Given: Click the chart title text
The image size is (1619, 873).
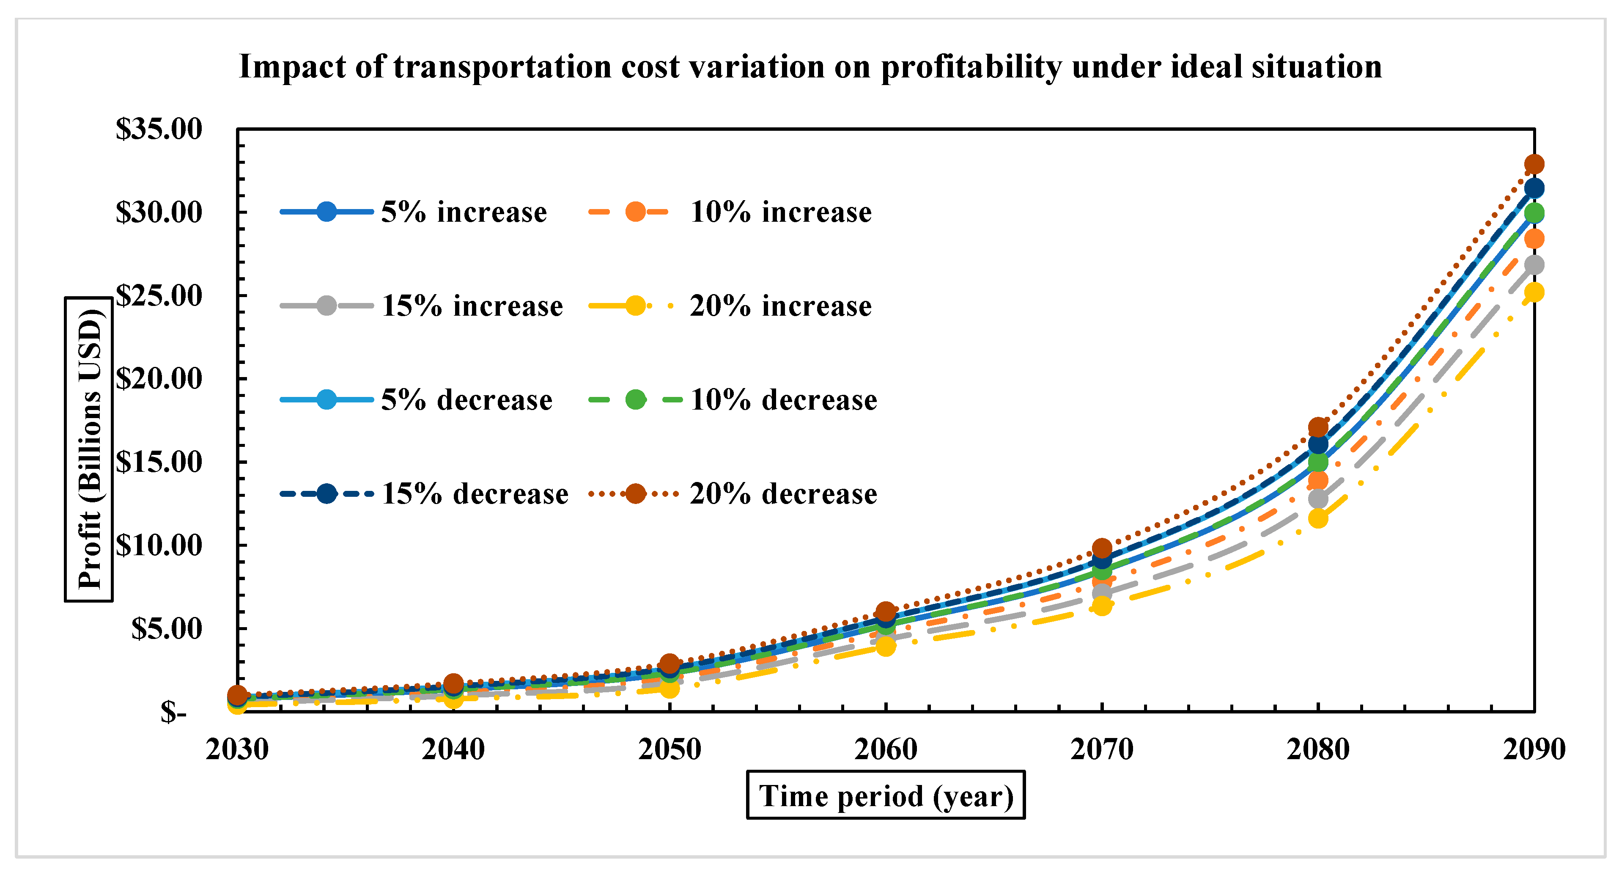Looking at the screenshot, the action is pyautogui.click(x=810, y=67).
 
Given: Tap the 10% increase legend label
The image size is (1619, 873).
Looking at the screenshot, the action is pyautogui.click(x=781, y=212).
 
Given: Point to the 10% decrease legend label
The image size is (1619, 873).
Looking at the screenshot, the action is pyautogui.click(x=784, y=400).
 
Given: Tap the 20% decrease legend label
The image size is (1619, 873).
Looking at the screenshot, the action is pyautogui.click(x=784, y=494).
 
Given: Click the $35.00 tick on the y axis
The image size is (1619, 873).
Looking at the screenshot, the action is pyautogui.click(x=159, y=129).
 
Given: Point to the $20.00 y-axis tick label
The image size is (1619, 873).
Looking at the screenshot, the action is pyautogui.click(x=159, y=379).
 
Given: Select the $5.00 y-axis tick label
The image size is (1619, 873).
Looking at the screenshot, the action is pyautogui.click(x=167, y=628).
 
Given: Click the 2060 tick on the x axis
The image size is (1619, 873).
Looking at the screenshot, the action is pyautogui.click(x=886, y=749).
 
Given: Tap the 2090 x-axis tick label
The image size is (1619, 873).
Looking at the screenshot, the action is pyautogui.click(x=1534, y=749).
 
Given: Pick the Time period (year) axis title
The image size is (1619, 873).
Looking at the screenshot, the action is pyautogui.click(x=886, y=796).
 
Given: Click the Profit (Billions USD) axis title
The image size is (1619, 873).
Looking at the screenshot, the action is pyautogui.click(x=89, y=449).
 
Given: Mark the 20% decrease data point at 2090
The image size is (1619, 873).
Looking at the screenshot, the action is pyautogui.click(x=1534, y=164).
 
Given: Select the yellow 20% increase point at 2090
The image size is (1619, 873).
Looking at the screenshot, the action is pyautogui.click(x=1534, y=292).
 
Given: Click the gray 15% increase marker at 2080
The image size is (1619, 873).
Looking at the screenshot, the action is pyautogui.click(x=1318, y=499).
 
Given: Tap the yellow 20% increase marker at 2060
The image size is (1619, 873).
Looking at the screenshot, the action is pyautogui.click(x=886, y=646).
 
